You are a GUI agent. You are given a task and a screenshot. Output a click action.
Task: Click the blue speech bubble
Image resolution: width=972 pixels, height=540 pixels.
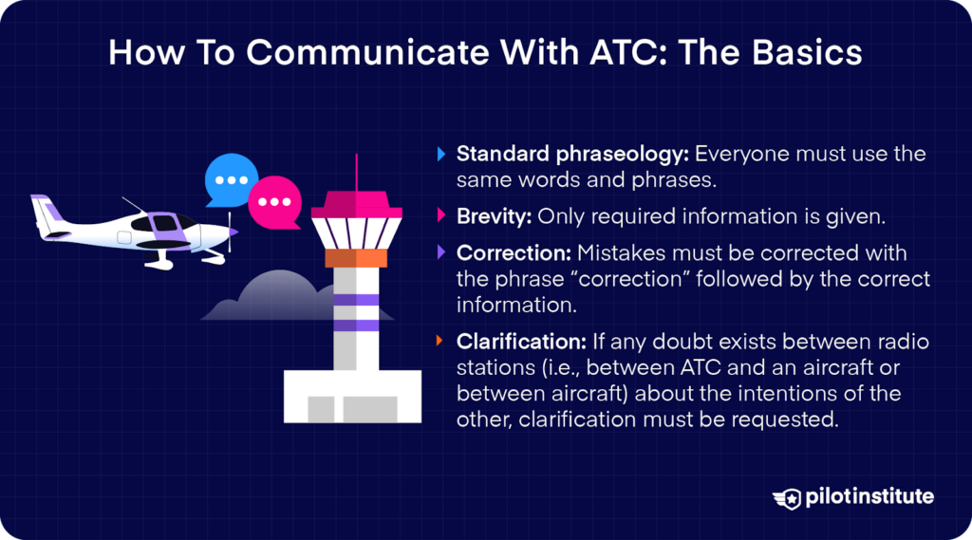[x=232, y=179]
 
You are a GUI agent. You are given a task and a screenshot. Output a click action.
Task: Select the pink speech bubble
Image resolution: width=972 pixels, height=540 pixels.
[x=275, y=201]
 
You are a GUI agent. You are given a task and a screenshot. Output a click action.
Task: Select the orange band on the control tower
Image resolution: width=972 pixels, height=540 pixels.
[x=357, y=257]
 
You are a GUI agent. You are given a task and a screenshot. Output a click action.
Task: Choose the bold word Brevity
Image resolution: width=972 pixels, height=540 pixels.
[x=494, y=216]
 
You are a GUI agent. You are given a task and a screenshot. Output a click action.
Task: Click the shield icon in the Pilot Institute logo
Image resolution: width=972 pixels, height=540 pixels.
[x=787, y=497]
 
